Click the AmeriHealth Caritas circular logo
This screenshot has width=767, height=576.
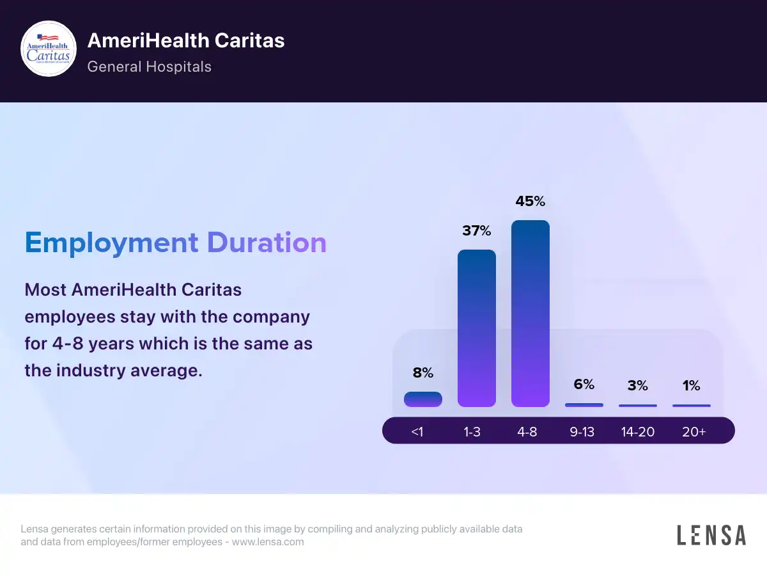pyautogui.click(x=49, y=49)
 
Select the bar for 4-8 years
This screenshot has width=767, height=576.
pyautogui.click(x=531, y=314)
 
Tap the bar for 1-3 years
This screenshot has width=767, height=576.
pyautogui.click(x=477, y=328)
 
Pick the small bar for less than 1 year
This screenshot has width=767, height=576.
pyautogui.click(x=423, y=399)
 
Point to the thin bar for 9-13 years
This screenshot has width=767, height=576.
pyautogui.click(x=584, y=405)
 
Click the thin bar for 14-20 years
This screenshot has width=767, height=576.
pyautogui.click(x=638, y=405)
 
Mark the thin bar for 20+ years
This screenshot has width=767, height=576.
pyautogui.click(x=692, y=405)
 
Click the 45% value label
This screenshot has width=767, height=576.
pyautogui.click(x=531, y=201)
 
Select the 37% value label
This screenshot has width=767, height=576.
pyautogui.click(x=477, y=230)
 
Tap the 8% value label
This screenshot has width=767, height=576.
pyautogui.click(x=423, y=372)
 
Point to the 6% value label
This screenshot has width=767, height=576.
pyautogui.click(x=584, y=384)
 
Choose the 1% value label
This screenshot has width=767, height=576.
pyautogui.click(x=692, y=385)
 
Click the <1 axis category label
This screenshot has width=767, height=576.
pyautogui.click(x=417, y=432)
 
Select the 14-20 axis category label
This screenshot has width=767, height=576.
pyautogui.click(x=638, y=432)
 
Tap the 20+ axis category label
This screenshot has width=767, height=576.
pyautogui.click(x=694, y=432)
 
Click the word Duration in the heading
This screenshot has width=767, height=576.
pyautogui.click(x=267, y=243)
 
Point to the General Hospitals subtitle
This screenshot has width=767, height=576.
pyautogui.click(x=149, y=67)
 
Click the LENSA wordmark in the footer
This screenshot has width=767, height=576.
pyautogui.click(x=711, y=535)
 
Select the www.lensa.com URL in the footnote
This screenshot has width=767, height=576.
pyautogui.click(x=268, y=541)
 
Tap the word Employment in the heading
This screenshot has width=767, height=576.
pyautogui.click(x=111, y=243)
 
